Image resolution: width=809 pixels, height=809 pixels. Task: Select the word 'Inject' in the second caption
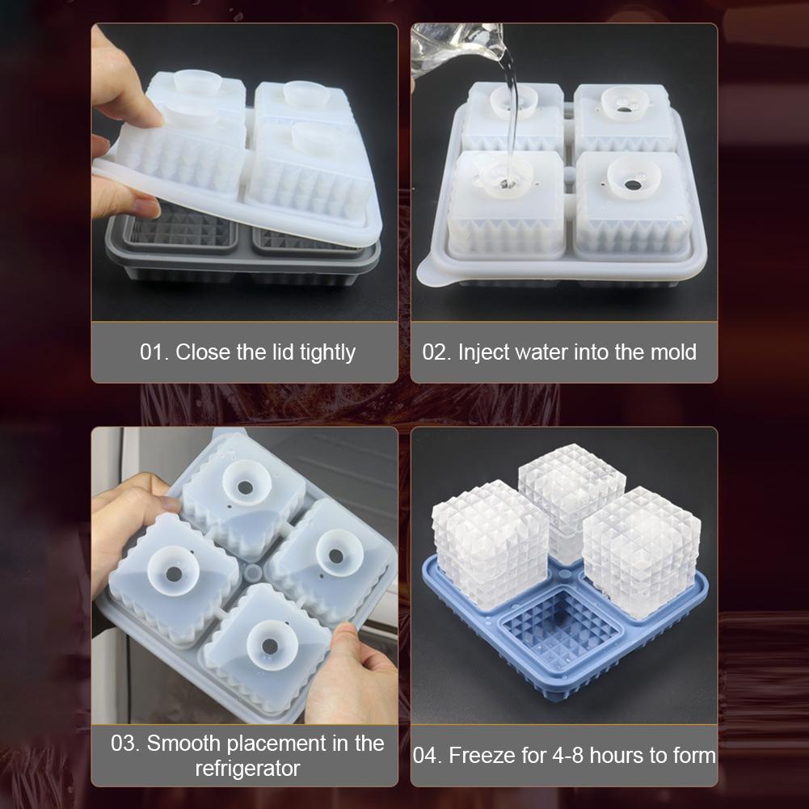pos(484,352)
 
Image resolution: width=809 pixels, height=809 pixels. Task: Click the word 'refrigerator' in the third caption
pos(247,768)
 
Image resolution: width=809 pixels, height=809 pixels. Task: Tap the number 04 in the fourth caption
pos(427,756)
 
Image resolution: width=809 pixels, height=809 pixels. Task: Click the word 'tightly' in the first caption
pos(327,352)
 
